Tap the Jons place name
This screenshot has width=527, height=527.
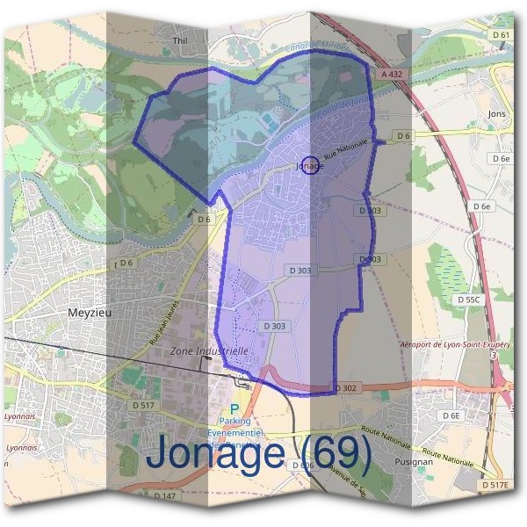point(497,114)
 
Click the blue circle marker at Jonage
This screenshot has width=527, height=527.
point(309,164)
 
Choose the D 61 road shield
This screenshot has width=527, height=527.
point(501,34)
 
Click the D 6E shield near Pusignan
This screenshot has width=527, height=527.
point(451,415)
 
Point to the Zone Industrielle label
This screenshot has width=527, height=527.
point(209,350)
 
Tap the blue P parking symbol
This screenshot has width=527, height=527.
point(234,408)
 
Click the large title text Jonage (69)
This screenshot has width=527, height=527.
point(259,453)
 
